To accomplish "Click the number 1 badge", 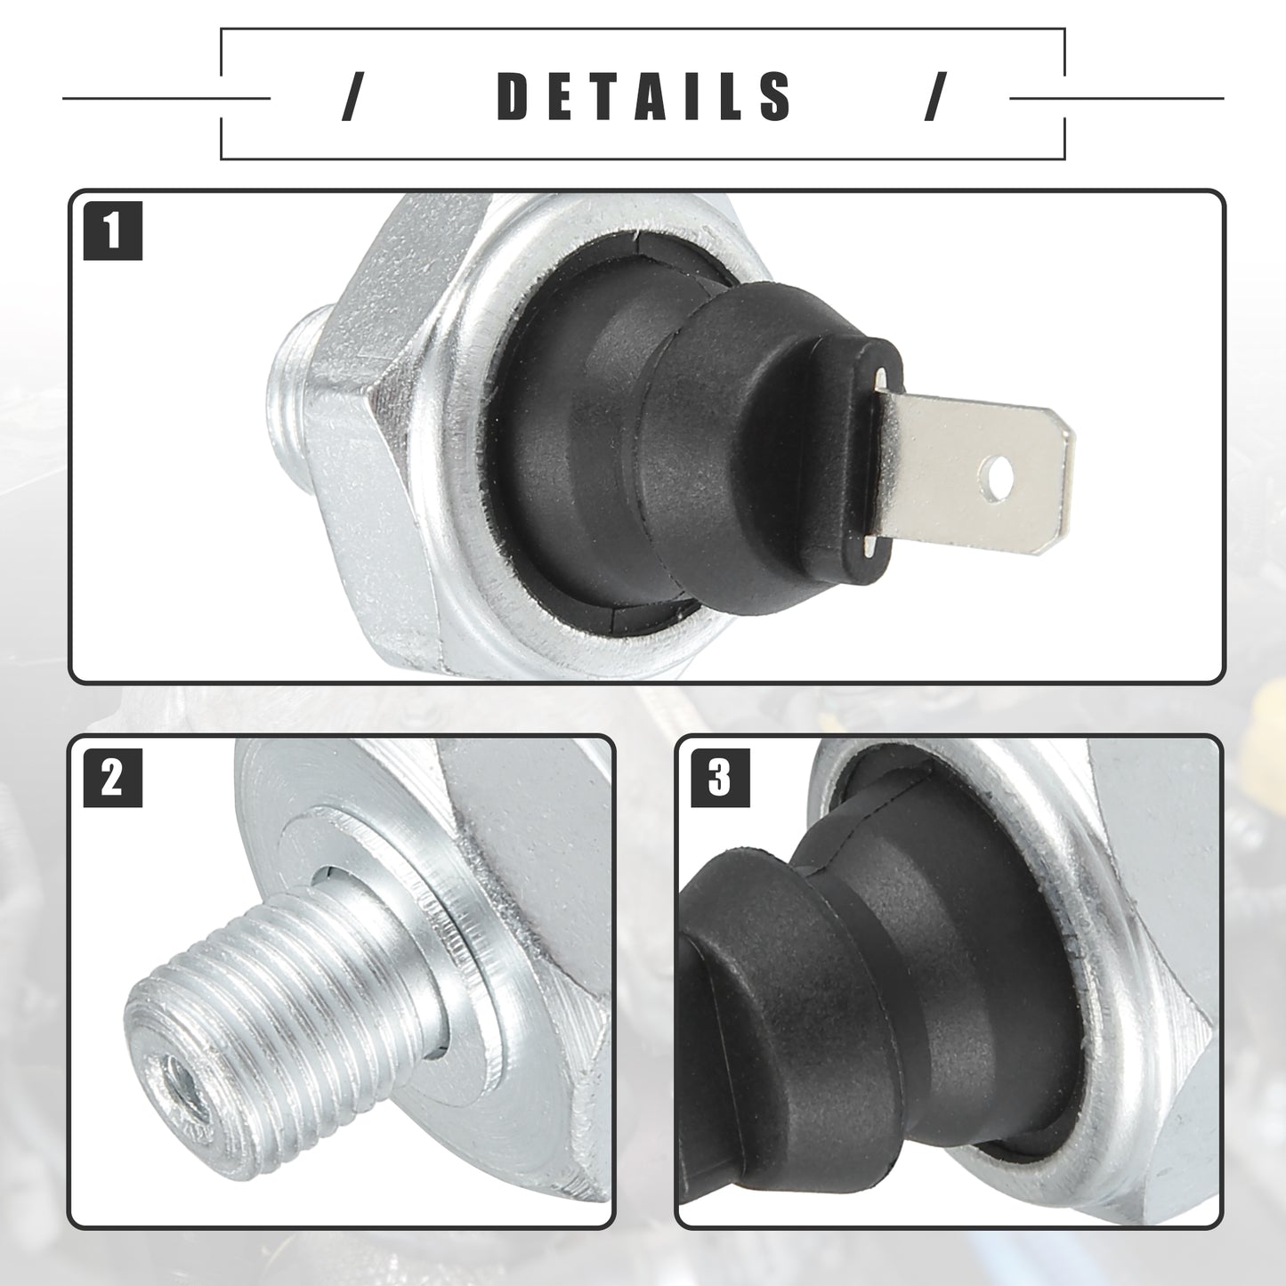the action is [113, 231].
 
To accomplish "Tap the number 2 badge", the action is [113, 778].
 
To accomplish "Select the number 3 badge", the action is [721, 778].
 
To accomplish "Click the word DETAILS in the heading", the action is [644, 97].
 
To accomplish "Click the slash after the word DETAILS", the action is [935, 97].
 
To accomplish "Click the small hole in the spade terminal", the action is [997, 478].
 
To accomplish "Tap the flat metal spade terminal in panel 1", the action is [971, 473].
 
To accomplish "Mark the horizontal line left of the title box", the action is [166, 98].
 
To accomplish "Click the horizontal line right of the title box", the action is [1117, 98].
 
